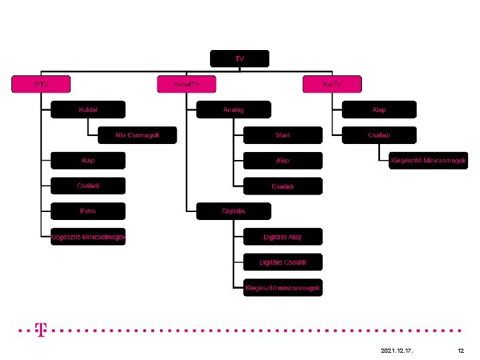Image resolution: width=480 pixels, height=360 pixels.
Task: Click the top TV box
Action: click(239, 59)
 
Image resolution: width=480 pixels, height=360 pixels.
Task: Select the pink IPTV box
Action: click(41, 85)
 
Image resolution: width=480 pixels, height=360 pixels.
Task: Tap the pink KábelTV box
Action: click(187, 85)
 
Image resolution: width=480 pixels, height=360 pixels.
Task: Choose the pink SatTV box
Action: click(331, 85)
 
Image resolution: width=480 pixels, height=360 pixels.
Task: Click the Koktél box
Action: click(88, 109)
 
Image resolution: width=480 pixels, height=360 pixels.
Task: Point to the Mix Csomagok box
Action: click(137, 135)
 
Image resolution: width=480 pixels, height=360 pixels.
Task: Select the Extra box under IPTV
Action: click(88, 211)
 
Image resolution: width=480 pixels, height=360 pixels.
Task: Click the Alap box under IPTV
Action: click(88, 161)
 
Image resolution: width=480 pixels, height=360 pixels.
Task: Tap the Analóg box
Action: click(233, 109)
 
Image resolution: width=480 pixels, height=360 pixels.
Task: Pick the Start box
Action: click(283, 135)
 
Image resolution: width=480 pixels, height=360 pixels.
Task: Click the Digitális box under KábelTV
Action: click(233, 211)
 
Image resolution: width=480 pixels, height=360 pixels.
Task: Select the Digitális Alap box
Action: click(283, 237)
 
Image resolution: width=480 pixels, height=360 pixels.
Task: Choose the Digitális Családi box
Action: click(283, 262)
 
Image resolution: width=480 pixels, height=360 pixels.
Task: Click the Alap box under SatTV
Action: click(379, 109)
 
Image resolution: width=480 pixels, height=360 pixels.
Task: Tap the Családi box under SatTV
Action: click(379, 135)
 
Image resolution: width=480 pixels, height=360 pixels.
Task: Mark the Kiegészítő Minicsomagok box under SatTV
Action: click(429, 161)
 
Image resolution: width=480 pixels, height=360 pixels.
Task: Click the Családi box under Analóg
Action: click(283, 186)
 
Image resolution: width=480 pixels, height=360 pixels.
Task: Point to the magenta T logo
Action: click(41, 329)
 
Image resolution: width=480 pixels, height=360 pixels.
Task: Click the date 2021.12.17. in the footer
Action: click(397, 350)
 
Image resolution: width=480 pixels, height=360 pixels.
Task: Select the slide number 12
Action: click(461, 350)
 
